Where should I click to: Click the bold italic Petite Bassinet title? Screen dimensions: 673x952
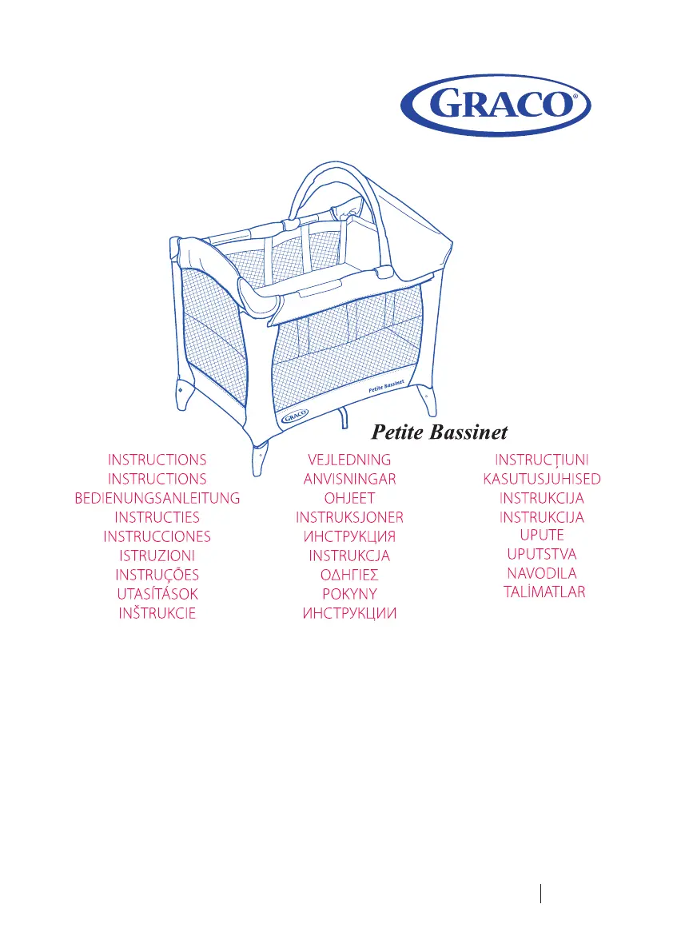[x=440, y=432]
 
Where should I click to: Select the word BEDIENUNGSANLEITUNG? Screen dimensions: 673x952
[x=157, y=498]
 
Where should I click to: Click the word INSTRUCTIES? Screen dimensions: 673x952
[x=157, y=517]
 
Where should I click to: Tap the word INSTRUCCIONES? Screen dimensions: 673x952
[x=157, y=536]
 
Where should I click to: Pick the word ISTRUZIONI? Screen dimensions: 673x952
[x=157, y=556]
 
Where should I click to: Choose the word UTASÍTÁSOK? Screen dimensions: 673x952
[x=157, y=594]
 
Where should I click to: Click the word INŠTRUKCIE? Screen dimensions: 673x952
[x=157, y=613]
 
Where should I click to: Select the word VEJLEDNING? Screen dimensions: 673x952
[x=349, y=460]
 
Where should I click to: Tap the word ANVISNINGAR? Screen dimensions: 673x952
[x=349, y=479]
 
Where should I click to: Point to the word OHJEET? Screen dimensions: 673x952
[x=349, y=498]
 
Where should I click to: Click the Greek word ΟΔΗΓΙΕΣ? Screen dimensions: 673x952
[x=349, y=575]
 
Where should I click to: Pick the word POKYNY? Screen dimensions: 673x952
[x=349, y=594]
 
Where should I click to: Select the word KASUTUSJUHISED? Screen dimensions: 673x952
[x=542, y=479]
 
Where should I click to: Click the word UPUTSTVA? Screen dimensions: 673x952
[x=542, y=554]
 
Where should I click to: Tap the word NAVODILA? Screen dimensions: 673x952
[x=542, y=573]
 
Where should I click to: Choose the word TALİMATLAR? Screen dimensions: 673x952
[x=544, y=592]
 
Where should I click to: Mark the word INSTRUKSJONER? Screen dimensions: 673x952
[x=349, y=517]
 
